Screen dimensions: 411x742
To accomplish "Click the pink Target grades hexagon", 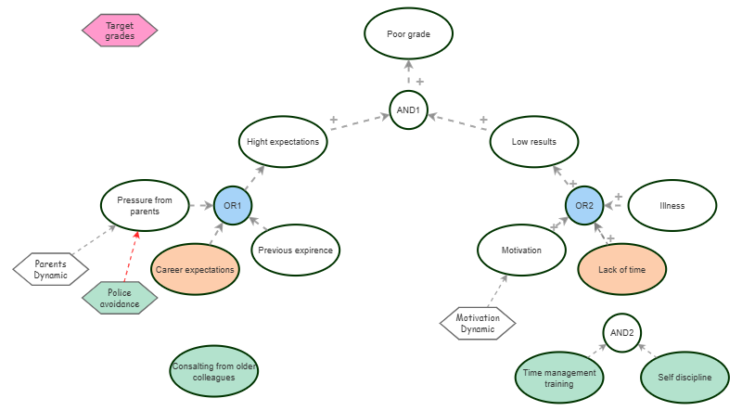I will click(120, 31).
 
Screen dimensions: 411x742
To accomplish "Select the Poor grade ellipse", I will click(408, 34).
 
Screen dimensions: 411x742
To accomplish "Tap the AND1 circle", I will click(408, 110).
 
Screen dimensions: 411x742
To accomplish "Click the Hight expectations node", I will click(283, 142).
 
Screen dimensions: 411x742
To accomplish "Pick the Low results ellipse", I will click(533, 142).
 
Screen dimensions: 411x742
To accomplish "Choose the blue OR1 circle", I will click(233, 205).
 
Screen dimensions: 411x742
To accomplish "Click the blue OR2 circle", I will click(584, 205).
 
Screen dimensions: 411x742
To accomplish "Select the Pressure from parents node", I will click(145, 205).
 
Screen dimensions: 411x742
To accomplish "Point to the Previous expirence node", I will click(295, 250).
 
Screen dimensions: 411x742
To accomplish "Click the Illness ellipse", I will click(672, 205).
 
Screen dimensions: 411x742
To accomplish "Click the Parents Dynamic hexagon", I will click(51, 269).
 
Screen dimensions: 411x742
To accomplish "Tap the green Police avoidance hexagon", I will click(118, 298).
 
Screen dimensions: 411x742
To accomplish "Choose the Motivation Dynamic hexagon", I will click(478, 323).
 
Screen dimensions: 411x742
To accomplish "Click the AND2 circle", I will click(622, 331).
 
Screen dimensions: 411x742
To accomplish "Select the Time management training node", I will click(559, 378).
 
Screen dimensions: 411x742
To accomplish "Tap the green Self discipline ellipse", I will click(684, 378).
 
